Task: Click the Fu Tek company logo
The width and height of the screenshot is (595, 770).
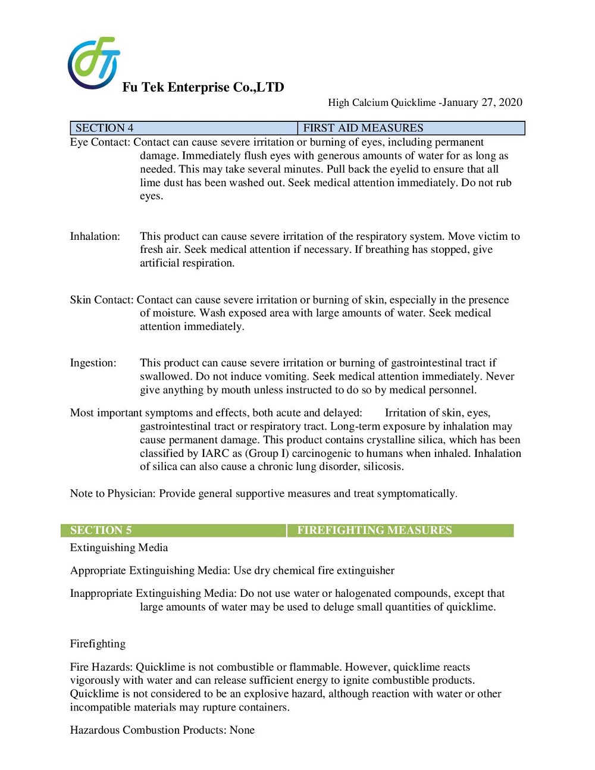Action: tap(94, 63)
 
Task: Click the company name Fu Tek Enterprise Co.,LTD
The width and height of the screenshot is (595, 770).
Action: tap(203, 87)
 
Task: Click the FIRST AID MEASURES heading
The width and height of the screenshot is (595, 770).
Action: tap(363, 128)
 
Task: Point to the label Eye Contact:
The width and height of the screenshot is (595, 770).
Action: tap(100, 142)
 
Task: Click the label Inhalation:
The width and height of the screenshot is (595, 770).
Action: tap(95, 236)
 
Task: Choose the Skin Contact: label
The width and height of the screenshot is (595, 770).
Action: tap(102, 300)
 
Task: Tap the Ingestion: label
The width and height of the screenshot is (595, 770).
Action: tap(93, 363)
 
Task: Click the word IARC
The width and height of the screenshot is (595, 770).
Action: tap(215, 453)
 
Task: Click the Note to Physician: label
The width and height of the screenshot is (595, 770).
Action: tap(113, 493)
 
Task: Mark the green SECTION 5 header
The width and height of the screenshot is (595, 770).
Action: tap(101, 530)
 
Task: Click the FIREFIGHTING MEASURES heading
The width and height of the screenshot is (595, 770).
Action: tap(374, 530)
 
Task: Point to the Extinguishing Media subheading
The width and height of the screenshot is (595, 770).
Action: tap(119, 547)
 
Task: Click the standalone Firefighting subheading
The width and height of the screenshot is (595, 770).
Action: tap(98, 644)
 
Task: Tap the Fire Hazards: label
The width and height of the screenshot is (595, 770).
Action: tap(101, 667)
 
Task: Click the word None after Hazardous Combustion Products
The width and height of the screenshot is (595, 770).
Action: tap(242, 730)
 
